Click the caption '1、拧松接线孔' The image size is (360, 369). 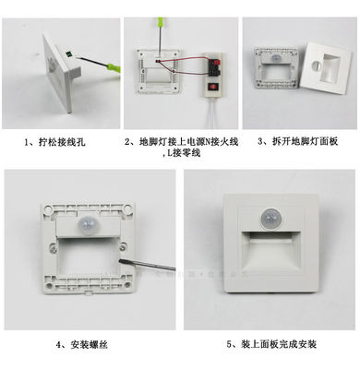coord(56,144)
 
